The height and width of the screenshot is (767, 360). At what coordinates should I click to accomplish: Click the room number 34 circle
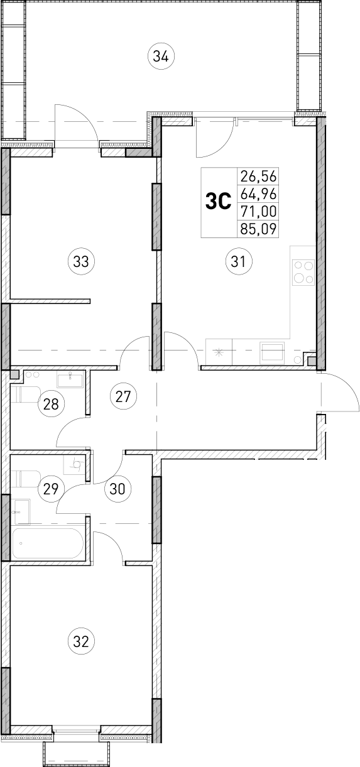pyautogui.click(x=161, y=57)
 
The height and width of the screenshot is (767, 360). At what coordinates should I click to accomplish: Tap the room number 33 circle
pyautogui.click(x=80, y=261)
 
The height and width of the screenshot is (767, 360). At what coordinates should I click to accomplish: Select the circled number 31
pyautogui.click(x=238, y=261)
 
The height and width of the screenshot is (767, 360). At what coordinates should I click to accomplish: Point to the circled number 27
pyautogui.click(x=123, y=396)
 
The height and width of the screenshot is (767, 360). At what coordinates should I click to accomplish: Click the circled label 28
pyautogui.click(x=51, y=404)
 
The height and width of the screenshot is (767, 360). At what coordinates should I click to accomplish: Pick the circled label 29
pyautogui.click(x=51, y=487)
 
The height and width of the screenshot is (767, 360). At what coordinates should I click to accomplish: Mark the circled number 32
pyautogui.click(x=80, y=641)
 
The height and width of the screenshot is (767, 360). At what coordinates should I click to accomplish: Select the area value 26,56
pyautogui.click(x=258, y=176)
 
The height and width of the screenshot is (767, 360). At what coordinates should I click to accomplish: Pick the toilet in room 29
pyautogui.click(x=26, y=479)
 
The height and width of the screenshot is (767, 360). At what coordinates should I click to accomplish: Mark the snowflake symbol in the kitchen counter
pyautogui.click(x=219, y=352)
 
